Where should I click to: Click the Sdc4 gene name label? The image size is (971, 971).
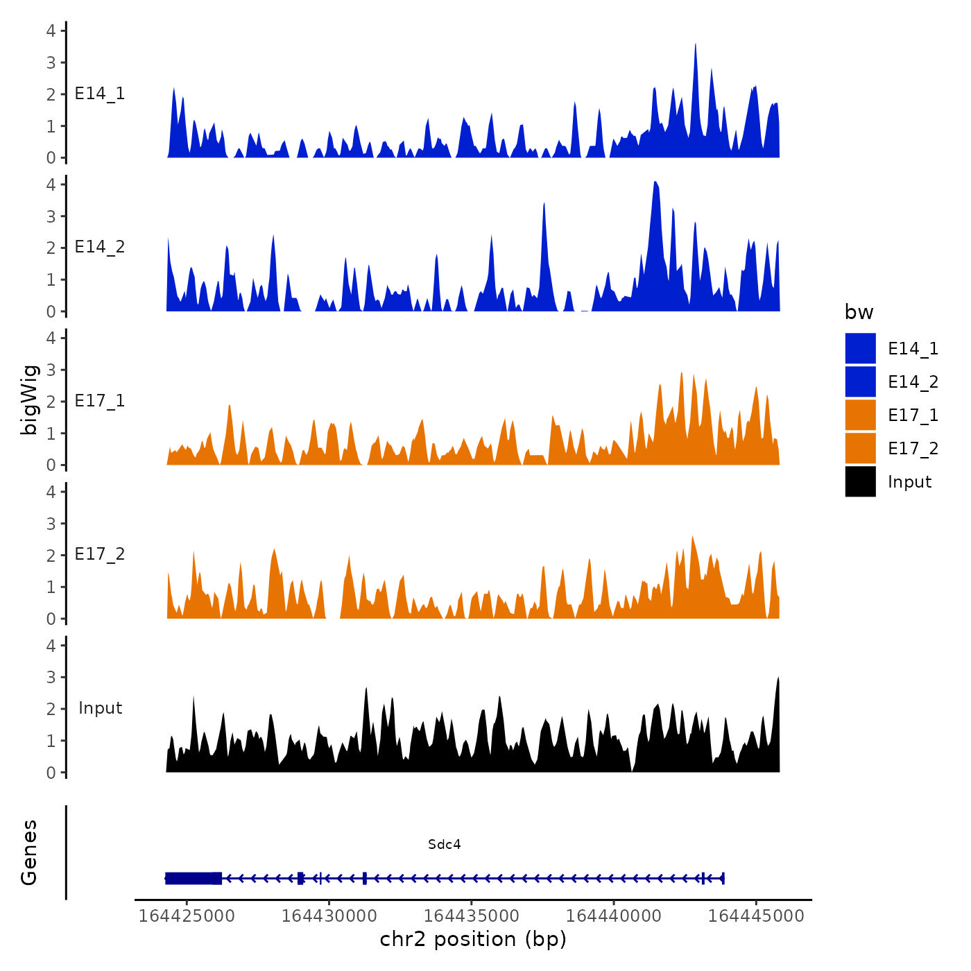(x=444, y=844)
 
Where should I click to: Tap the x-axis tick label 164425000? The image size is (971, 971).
(x=187, y=916)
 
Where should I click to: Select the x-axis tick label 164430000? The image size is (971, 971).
(x=329, y=916)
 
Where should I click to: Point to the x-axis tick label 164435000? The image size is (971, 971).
(x=471, y=916)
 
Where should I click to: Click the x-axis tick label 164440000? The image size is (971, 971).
(x=614, y=916)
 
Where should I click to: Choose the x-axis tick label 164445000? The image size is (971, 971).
(x=756, y=916)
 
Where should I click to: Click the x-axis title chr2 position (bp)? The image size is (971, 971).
(x=473, y=939)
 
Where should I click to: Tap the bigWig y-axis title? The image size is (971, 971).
(x=29, y=399)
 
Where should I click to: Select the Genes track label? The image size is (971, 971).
(x=29, y=852)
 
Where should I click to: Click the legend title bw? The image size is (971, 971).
(x=859, y=312)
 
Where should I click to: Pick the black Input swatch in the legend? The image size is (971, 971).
(x=860, y=481)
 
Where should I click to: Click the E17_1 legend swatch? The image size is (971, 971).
(x=860, y=415)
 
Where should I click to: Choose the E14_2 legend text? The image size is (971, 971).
(x=913, y=382)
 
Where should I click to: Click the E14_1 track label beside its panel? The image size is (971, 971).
(x=100, y=94)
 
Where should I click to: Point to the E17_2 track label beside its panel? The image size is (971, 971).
(x=100, y=554)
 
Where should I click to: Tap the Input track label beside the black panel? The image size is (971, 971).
(x=100, y=708)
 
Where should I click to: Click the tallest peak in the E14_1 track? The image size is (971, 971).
(x=695, y=46)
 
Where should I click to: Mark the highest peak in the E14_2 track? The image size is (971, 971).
(x=655, y=183)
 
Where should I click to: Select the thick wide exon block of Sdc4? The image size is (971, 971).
(x=194, y=878)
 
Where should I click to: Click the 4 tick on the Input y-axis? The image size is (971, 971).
(x=51, y=646)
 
